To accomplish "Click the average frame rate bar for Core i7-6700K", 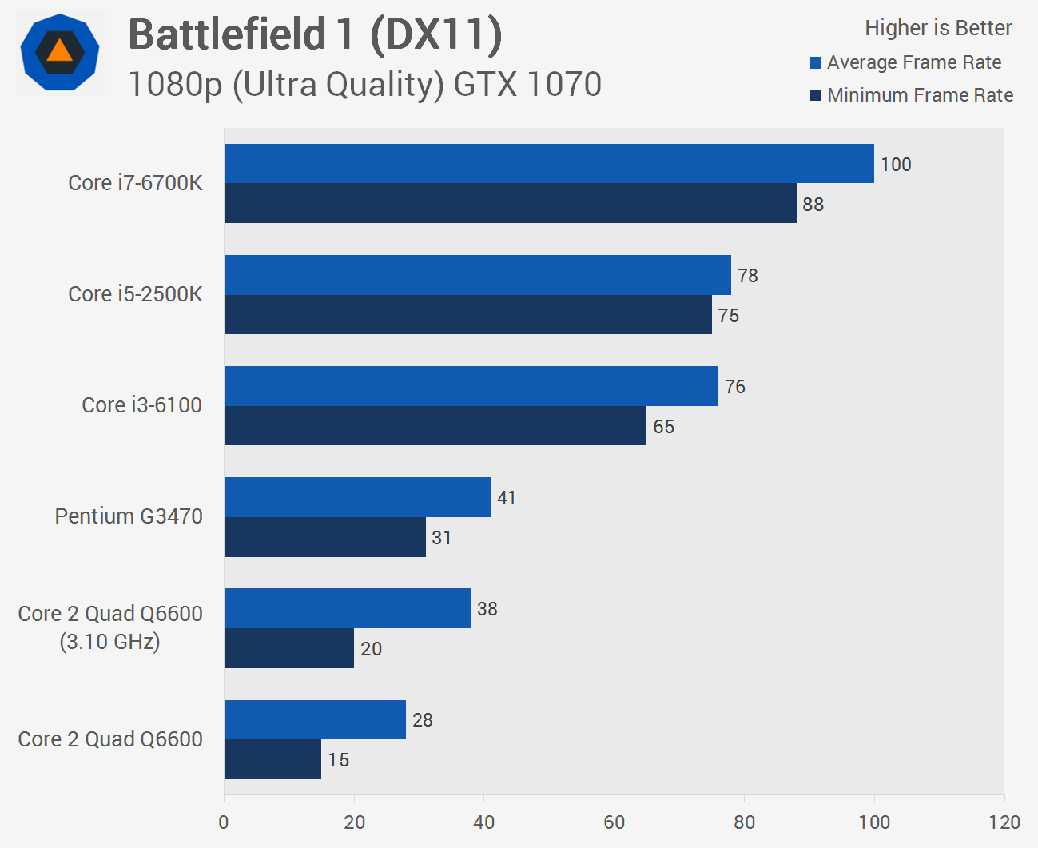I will (x=549, y=164).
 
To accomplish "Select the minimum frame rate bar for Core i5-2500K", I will (x=467, y=315).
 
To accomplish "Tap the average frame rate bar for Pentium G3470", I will (x=357, y=497).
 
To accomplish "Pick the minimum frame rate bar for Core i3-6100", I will (x=435, y=426).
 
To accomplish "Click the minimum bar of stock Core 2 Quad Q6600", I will (x=272, y=759).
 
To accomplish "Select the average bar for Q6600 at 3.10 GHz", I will (x=348, y=608).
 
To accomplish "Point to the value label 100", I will (x=896, y=165).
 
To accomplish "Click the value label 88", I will (x=813, y=205).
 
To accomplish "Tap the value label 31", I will (x=441, y=538).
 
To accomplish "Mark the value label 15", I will (x=338, y=760).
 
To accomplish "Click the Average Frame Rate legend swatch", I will (x=816, y=63).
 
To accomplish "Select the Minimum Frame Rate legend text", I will (x=920, y=95).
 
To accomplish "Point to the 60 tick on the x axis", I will (x=614, y=822).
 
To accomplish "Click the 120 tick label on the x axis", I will (x=1004, y=822).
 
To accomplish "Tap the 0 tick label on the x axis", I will (x=224, y=822).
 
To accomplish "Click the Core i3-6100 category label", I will (x=141, y=405).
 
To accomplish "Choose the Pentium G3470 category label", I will (x=128, y=516).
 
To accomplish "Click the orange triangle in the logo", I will (x=60, y=52).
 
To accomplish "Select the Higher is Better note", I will (x=938, y=28).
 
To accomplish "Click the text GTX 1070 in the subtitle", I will (x=527, y=85).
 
